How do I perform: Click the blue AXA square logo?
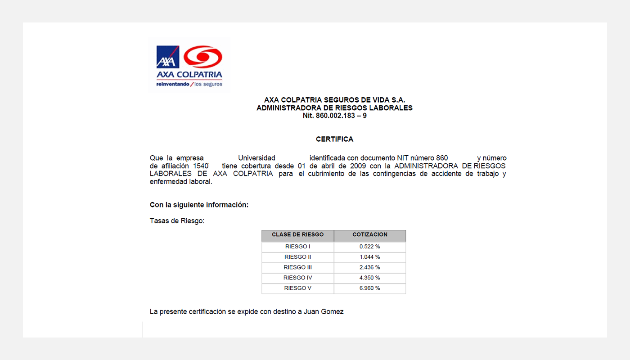(x=168, y=57)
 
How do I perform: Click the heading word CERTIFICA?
(x=334, y=139)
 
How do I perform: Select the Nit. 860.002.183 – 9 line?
(x=334, y=116)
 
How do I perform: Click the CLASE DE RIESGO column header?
(x=297, y=235)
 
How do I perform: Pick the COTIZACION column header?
(x=370, y=235)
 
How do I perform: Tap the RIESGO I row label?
(x=297, y=247)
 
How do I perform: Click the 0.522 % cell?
(x=370, y=247)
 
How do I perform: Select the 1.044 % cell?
(x=370, y=257)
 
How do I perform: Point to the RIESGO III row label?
(x=297, y=267)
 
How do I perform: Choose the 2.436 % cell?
(x=370, y=267)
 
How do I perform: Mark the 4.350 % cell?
(x=370, y=278)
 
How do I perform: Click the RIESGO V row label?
(x=297, y=288)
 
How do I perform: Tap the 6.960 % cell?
(x=370, y=288)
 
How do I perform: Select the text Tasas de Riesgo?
(x=177, y=221)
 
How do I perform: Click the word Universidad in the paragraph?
(x=256, y=158)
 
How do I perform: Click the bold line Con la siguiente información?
(x=199, y=205)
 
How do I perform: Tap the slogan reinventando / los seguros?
(x=189, y=84)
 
